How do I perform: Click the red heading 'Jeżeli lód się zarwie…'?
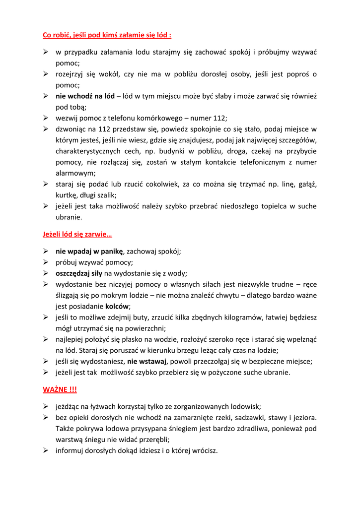[x=77, y=235]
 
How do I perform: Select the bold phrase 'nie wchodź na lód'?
[x=85, y=96]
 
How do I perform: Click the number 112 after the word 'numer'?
[x=219, y=118]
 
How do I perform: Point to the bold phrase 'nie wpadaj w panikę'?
[x=89, y=252]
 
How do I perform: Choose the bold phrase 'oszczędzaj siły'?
[x=79, y=273]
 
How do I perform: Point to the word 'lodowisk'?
[x=247, y=406]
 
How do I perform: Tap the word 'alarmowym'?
[x=74, y=173]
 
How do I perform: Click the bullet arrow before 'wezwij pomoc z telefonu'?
[x=45, y=118]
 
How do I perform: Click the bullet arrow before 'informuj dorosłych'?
[x=45, y=450]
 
